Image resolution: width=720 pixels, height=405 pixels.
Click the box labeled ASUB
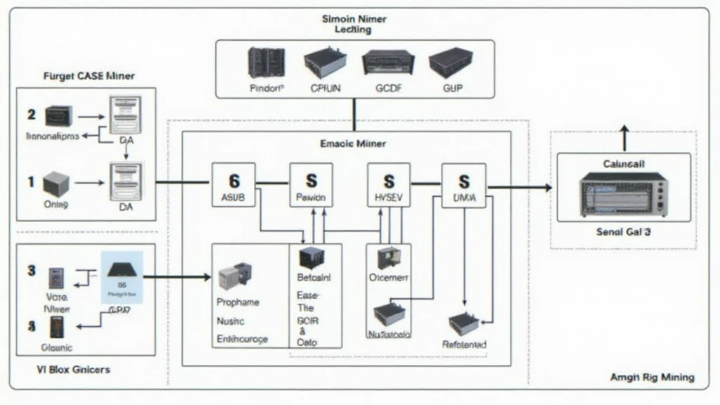233,184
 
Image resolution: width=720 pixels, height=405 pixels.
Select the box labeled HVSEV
389,184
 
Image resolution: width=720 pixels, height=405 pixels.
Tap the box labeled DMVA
463,185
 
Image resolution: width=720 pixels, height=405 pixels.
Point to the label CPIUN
325,89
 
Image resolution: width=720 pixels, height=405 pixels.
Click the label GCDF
387,89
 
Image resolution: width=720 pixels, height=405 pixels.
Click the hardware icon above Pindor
266,63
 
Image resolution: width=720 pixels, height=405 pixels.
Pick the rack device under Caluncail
623,195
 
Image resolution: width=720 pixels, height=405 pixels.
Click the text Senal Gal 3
623,231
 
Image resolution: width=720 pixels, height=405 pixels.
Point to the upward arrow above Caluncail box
623,136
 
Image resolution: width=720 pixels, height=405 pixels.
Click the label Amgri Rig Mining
652,378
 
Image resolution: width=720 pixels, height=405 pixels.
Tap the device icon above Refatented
464,323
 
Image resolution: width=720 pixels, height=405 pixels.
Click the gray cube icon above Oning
56,185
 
